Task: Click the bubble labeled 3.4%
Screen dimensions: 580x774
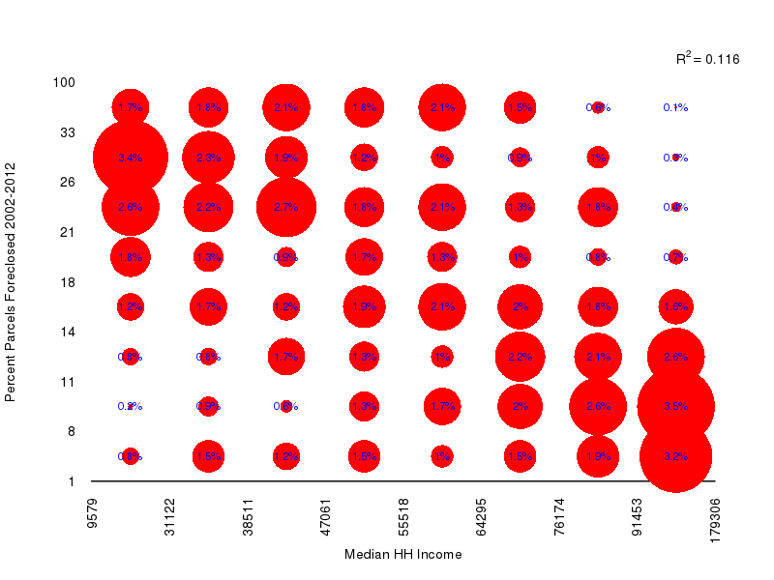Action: [130, 158]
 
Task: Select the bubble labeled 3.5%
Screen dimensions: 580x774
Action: [675, 406]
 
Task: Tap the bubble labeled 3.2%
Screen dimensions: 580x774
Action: [675, 456]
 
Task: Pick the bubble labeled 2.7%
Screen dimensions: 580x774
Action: [286, 207]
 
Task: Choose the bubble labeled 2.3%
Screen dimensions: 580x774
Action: [208, 158]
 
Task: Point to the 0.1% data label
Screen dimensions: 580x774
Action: [675, 107]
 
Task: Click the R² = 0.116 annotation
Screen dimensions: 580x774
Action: [707, 59]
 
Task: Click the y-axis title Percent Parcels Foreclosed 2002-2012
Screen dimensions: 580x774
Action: [11, 282]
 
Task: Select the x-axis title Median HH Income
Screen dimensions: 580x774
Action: [402, 555]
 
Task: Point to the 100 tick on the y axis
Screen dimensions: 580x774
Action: [64, 82]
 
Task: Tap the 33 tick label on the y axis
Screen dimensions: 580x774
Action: [68, 132]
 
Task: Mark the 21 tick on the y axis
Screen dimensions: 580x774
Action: [68, 232]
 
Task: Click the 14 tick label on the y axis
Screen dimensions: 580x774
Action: [68, 332]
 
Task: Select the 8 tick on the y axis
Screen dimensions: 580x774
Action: [71, 431]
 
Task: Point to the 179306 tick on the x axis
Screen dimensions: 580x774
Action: [715, 520]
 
